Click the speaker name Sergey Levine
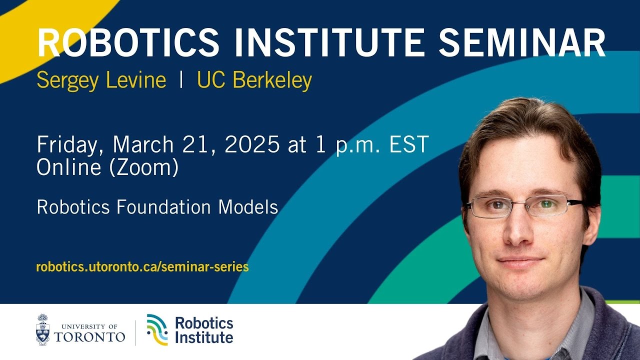[101, 80]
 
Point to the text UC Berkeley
[254, 80]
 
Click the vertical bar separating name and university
[181, 80]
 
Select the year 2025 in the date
[252, 144]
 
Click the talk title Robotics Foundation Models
[157, 207]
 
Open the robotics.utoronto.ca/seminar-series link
[142, 267]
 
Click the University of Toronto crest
[43, 329]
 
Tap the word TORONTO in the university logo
[89, 336]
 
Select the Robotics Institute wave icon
[157, 329]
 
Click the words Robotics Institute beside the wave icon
[204, 330]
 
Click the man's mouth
[521, 261]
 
